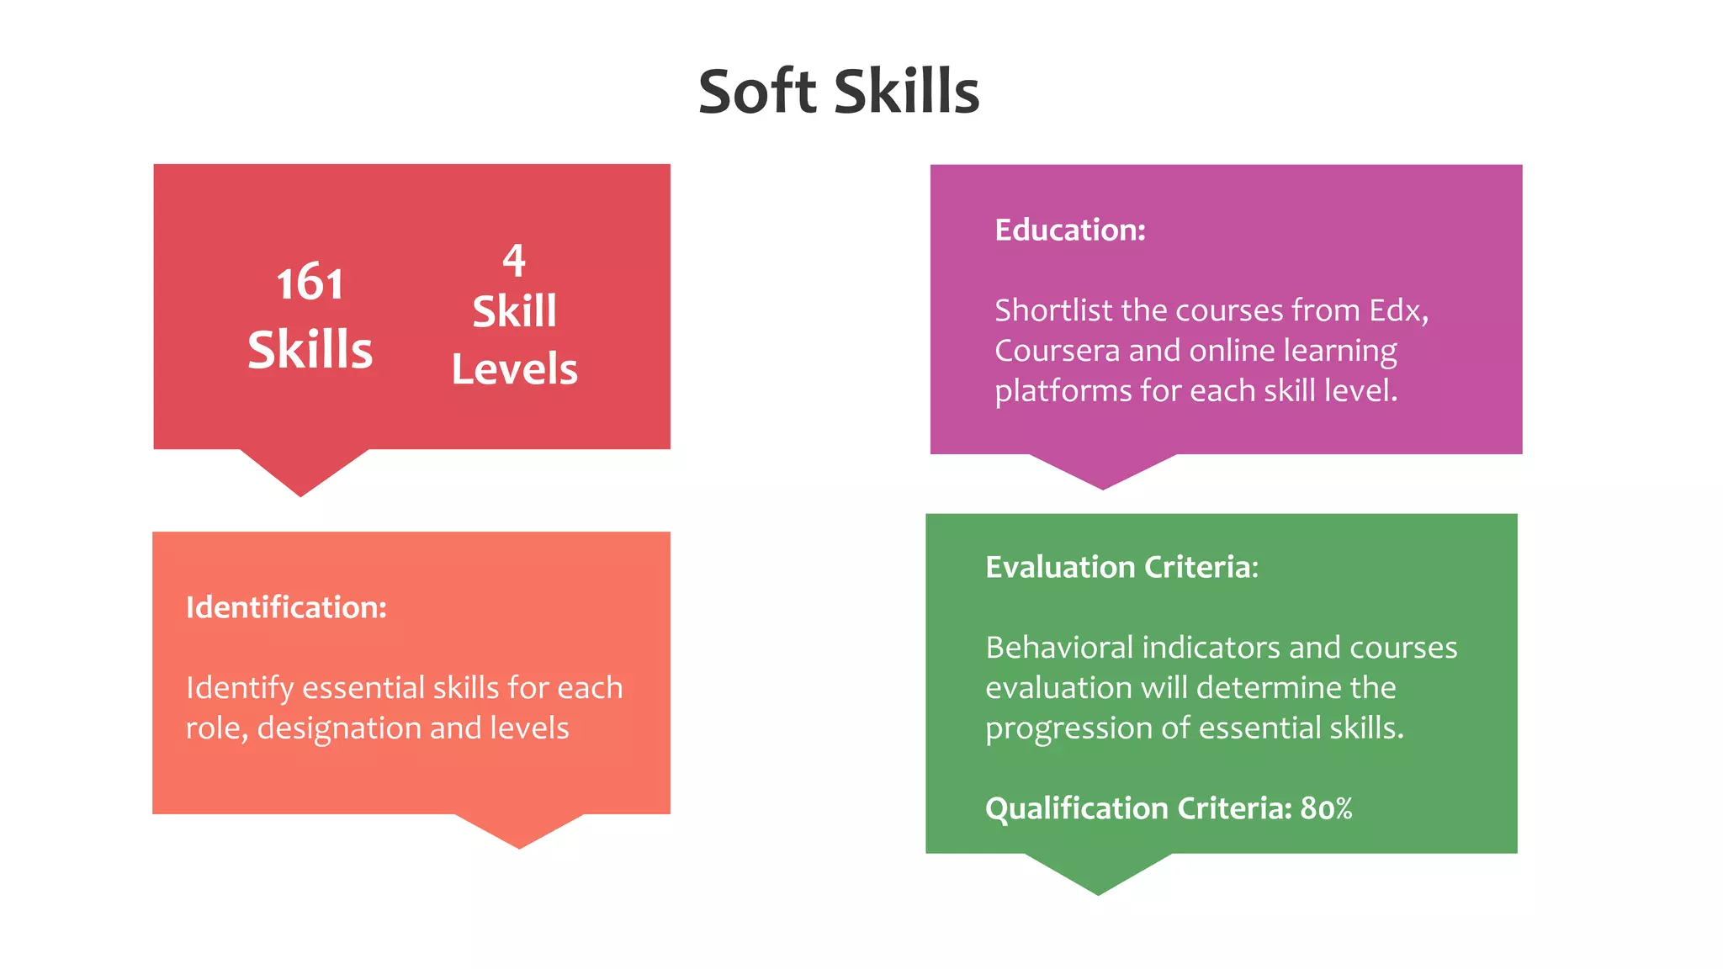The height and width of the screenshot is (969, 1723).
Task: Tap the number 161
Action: pyautogui.click(x=310, y=283)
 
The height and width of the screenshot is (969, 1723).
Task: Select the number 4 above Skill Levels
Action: pyautogui.click(x=514, y=260)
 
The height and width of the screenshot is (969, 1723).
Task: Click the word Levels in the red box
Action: pyautogui.click(x=514, y=369)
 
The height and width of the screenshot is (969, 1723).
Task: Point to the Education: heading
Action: pyautogui.click(x=1070, y=230)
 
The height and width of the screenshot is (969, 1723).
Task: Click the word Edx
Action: pyautogui.click(x=1397, y=310)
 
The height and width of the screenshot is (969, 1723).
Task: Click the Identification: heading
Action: pyautogui.click(x=286, y=607)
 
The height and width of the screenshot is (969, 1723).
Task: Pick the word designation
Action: pyautogui.click(x=352, y=728)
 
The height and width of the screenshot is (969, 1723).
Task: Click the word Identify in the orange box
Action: pyautogui.click(x=239, y=688)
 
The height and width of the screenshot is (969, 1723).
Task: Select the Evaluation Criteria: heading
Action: pyautogui.click(x=1121, y=567)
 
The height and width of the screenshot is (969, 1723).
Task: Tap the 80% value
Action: pyautogui.click(x=1326, y=808)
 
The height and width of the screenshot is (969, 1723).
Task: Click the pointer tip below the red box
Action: pyautogui.click(x=301, y=492)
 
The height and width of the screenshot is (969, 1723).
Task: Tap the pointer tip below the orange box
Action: pyautogui.click(x=519, y=845)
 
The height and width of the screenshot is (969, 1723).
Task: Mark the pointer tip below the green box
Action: pyautogui.click(x=1098, y=891)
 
